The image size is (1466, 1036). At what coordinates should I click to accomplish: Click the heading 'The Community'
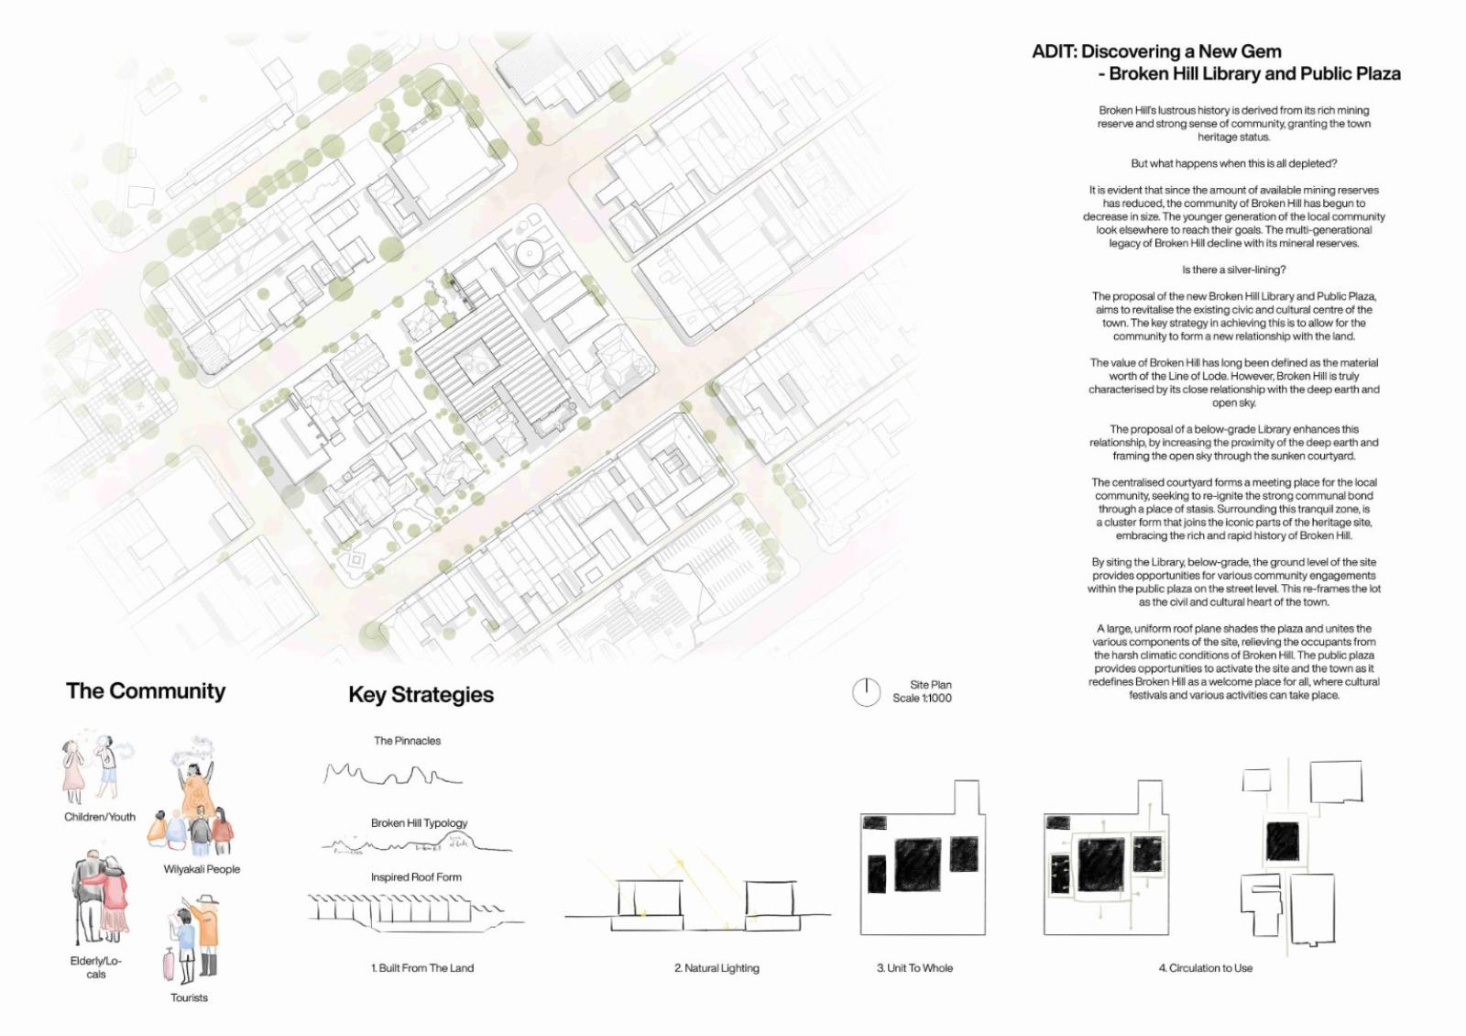point(146,691)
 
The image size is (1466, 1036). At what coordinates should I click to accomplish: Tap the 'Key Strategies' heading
point(421,695)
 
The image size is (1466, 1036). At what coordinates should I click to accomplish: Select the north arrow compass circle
point(866,692)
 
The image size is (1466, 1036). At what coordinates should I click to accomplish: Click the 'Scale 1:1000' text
point(922,699)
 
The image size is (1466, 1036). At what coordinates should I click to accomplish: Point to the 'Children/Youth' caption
point(99,817)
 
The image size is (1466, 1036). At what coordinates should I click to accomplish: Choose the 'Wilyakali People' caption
point(202,869)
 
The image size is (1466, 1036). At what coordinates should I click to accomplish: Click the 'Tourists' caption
point(189,997)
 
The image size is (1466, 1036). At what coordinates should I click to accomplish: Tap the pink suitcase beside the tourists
point(169,963)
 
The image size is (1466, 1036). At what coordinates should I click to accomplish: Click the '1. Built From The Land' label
point(422,968)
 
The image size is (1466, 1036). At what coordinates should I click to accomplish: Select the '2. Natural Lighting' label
point(717,968)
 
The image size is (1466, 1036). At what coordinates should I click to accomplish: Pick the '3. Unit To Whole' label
point(914,968)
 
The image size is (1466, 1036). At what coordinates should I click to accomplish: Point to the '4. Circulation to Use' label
point(1205,968)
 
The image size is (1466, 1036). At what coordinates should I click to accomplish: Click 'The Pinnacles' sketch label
point(407,741)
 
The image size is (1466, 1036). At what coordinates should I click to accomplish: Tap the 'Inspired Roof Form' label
point(416,877)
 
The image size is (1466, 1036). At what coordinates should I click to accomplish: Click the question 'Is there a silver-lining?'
point(1233,270)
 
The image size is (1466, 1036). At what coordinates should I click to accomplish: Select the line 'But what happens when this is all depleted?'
point(1233,164)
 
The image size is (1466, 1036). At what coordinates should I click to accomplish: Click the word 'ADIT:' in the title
point(1054,52)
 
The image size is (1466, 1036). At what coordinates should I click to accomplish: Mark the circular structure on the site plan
point(529,250)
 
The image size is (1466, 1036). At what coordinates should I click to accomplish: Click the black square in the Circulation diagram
point(1282,841)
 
